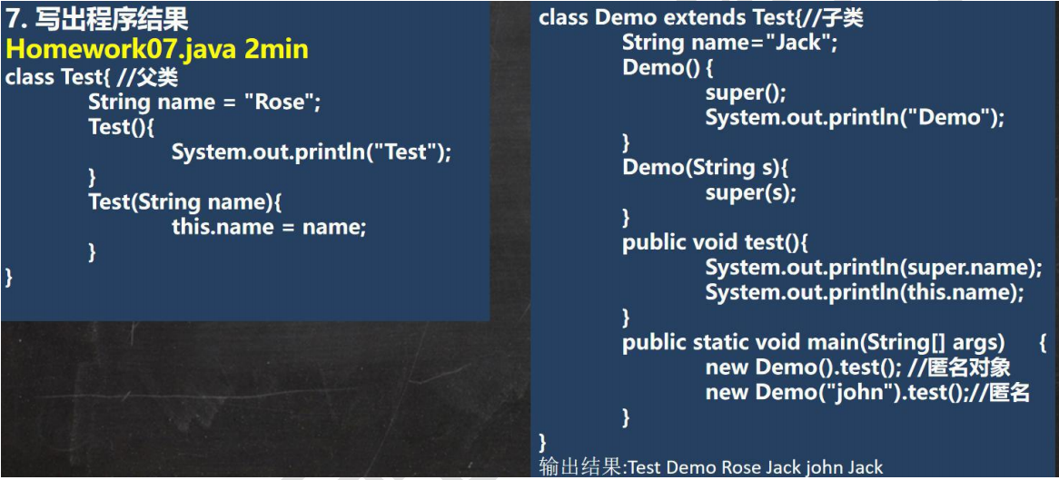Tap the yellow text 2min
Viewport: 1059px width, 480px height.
pos(281,49)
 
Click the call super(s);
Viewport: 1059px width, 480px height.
pos(751,193)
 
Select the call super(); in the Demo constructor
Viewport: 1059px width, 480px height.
pos(746,93)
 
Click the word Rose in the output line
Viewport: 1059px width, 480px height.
pos(744,467)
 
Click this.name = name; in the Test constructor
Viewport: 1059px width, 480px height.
pos(269,228)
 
